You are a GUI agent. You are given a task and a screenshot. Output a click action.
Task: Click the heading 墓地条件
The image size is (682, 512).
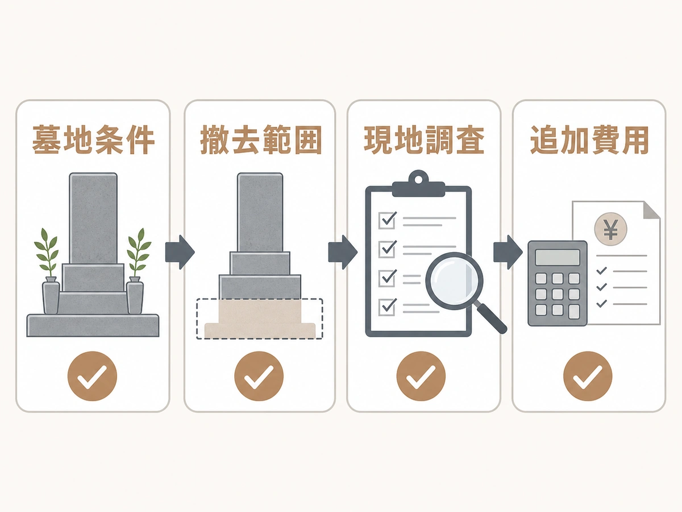coord(94,139)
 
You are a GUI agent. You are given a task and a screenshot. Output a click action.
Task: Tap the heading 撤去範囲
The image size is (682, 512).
coord(260,139)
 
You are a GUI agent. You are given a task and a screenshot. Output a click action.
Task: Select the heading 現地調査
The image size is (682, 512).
coord(424,139)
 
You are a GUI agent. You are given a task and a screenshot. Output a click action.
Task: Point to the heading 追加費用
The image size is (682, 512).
coord(589,139)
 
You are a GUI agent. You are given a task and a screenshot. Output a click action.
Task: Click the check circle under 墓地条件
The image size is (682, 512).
coord(92,376)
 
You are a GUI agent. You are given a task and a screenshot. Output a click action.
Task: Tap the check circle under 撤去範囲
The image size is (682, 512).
coord(259,376)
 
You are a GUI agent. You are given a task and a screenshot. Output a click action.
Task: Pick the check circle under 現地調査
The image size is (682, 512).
coord(421,376)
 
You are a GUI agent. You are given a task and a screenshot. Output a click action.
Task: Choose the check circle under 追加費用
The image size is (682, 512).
coord(588,376)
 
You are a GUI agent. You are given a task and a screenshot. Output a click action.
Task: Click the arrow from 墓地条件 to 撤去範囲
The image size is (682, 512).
coord(180,252)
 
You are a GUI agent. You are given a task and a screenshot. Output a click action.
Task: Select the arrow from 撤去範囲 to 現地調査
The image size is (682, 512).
coord(343,252)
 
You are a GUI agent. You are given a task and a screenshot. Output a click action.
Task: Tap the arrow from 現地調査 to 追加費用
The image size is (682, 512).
coord(508,252)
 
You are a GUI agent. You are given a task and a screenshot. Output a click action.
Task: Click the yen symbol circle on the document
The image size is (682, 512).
coord(610,229)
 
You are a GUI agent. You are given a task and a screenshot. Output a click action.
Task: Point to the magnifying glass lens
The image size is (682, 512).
coord(454,281)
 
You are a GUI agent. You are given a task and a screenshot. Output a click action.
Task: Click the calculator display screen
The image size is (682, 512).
coord(558,257)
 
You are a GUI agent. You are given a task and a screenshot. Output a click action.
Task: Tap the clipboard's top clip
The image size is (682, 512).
coord(418,183)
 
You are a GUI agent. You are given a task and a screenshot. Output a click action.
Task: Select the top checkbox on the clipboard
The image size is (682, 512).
coord(387,220)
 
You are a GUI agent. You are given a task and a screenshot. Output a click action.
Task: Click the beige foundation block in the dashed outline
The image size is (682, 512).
coord(260,319)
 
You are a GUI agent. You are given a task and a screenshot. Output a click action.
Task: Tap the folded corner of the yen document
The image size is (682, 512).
coord(651,210)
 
